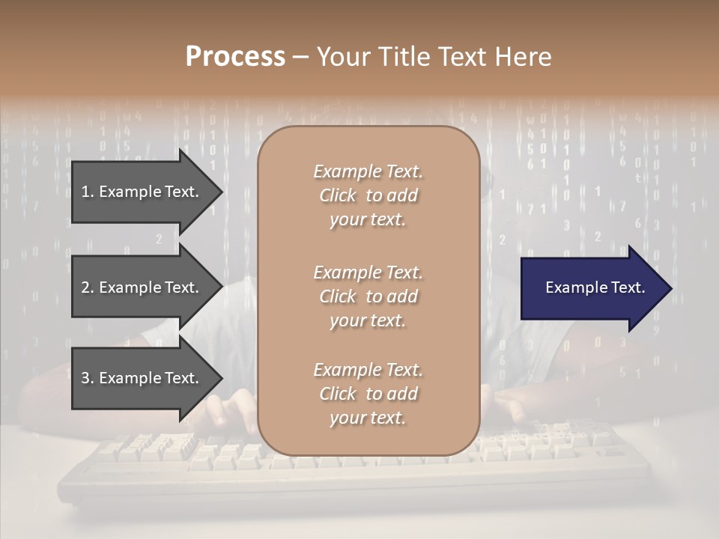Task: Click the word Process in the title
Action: tap(235, 57)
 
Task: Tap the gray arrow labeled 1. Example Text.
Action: tap(142, 192)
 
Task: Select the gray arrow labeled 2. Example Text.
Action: tap(142, 287)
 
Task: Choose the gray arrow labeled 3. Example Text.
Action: tap(142, 378)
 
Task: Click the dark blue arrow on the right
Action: tap(592, 288)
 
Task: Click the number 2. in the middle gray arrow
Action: tap(88, 287)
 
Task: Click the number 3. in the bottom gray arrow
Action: tap(88, 378)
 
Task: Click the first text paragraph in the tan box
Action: tap(368, 195)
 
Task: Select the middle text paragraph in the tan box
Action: tap(368, 296)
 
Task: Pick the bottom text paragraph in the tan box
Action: tap(368, 394)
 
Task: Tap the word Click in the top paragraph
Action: tap(338, 195)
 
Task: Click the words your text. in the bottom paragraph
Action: tap(368, 418)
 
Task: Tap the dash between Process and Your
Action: tap(301, 57)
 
